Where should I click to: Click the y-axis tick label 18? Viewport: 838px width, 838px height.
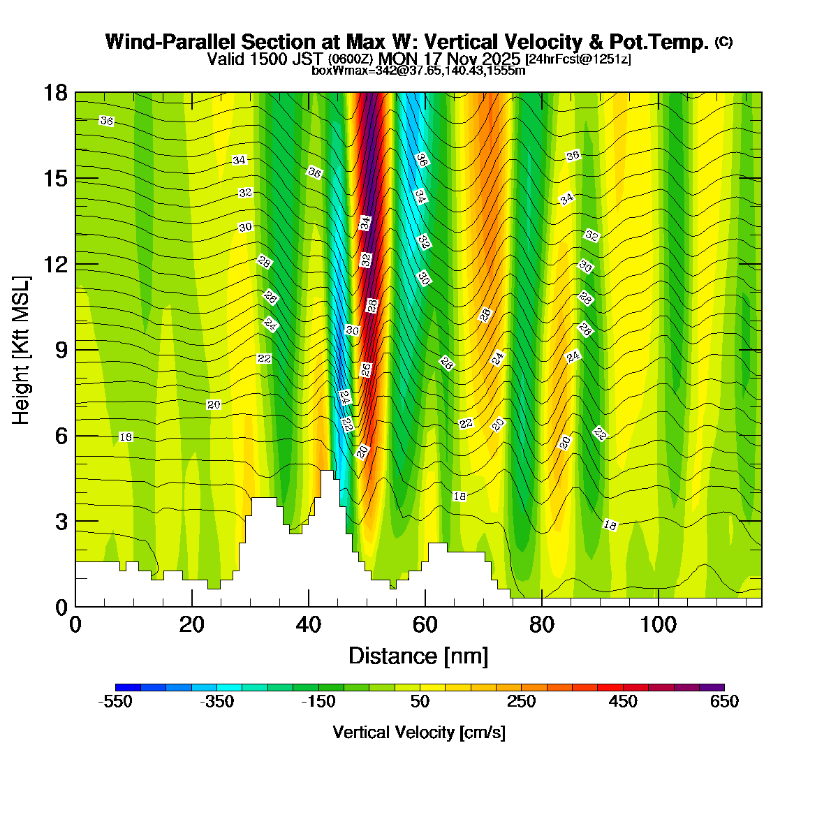55,93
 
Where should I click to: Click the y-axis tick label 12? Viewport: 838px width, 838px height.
55,265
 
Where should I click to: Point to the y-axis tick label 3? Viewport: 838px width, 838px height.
61,522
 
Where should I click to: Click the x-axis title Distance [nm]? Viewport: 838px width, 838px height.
418,656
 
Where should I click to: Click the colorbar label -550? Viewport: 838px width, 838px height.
115,702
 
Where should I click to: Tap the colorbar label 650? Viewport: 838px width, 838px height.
724,702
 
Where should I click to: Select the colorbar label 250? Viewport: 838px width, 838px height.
521,702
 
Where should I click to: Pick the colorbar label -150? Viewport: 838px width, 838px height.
318,702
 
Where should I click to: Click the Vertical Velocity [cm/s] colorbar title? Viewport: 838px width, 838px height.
419,733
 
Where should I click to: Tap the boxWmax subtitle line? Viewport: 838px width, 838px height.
418,70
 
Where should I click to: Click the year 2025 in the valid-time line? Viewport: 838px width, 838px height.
500,59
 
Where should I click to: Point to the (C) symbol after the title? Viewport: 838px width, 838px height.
723,42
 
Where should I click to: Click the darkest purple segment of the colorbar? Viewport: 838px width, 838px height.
712,687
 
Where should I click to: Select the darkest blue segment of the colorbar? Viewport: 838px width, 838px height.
128,687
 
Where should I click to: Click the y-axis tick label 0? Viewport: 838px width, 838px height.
61,608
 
